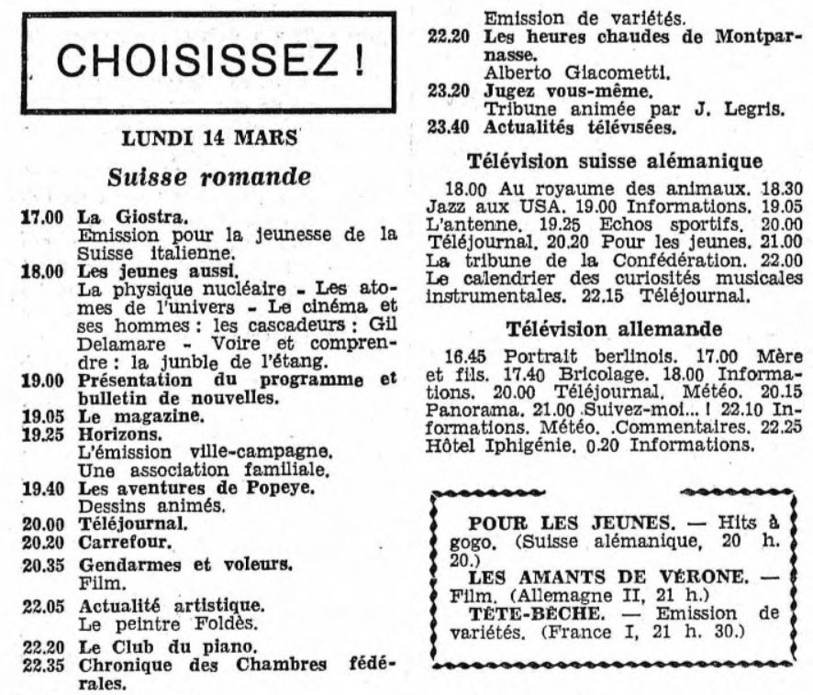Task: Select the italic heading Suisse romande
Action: pyautogui.click(x=207, y=176)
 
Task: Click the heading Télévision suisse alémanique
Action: pyautogui.click(x=615, y=160)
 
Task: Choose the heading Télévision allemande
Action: pyautogui.click(x=615, y=327)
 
